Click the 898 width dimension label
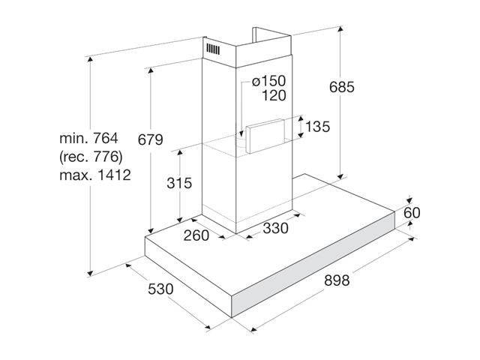tap(337, 280)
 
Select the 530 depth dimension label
tap(160, 289)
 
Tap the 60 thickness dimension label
tap(412, 213)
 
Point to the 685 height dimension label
tap(342, 87)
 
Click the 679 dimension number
tap(150, 139)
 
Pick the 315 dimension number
tap(179, 183)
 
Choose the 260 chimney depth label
tap(196, 235)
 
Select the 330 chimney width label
tap(275, 228)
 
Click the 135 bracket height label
tap(318, 127)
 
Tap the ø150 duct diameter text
tap(268, 81)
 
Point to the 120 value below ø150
tap(274, 95)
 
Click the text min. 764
tap(88, 138)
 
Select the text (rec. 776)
tap(91, 157)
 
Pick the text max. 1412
tap(95, 175)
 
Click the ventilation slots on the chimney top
tap(213, 49)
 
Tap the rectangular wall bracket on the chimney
tap(265, 136)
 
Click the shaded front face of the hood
tap(313, 265)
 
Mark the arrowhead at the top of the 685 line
tap(340, 30)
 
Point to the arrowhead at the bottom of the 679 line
tap(150, 231)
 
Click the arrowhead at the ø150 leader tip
tap(241, 133)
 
